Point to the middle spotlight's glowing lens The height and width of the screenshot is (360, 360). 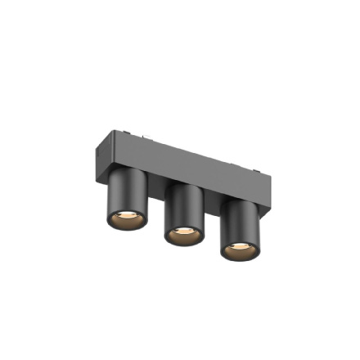(185, 235)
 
